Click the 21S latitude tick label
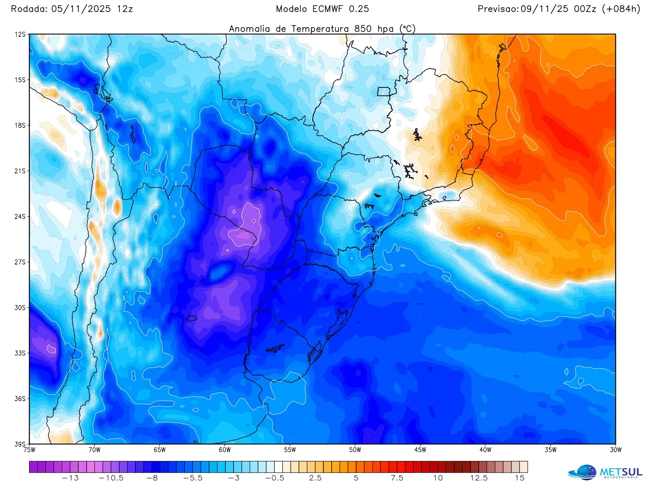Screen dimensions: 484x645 coord(20,171)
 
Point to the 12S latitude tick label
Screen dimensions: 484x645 coord(20,35)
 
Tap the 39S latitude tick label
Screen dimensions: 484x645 coord(20,444)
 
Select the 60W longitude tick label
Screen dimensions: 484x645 coord(225,450)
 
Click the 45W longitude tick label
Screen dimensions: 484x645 coord(420,450)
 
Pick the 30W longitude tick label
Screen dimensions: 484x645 coord(616,450)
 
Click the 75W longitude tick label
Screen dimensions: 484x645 coord(29,450)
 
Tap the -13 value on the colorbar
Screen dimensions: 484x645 coord(70,478)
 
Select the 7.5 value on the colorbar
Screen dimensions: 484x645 coord(397,478)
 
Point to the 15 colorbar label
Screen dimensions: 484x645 coord(520,478)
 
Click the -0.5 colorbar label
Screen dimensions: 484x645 coord(275,478)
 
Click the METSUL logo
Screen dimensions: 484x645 coord(605,472)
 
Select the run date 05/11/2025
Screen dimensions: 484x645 coord(81,9)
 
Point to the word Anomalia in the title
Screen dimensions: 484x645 coord(249,29)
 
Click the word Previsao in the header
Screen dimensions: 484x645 coord(498,9)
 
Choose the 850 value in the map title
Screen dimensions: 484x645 coord(364,29)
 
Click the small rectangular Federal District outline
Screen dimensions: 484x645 coord(384,92)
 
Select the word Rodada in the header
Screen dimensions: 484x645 coord(29,9)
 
